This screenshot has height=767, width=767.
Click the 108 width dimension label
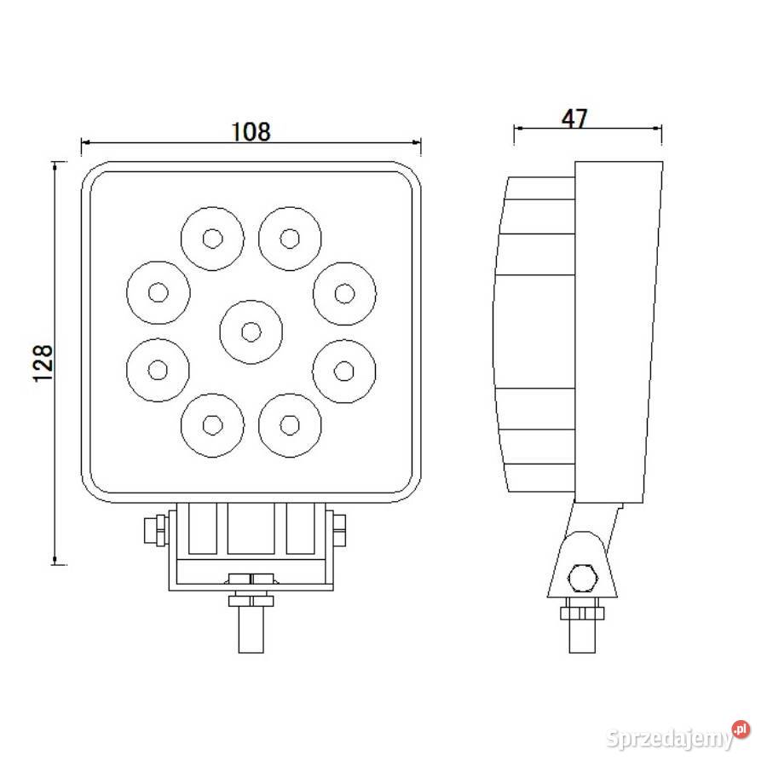tap(251, 131)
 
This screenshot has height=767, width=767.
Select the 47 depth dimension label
tap(575, 118)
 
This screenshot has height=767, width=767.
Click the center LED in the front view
tap(251, 330)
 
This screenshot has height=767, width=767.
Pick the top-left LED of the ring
tap(211, 238)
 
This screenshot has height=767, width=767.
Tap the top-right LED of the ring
tap(291, 238)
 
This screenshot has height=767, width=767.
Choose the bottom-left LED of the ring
tap(211, 423)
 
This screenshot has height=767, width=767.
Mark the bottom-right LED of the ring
tap(291, 423)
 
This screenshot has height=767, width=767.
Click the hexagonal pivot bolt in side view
tap(583, 577)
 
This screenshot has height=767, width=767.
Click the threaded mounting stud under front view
tap(251, 626)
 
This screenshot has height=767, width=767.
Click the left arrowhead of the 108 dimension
tap(85, 143)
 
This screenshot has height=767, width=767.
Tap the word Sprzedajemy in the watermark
tap(669, 738)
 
